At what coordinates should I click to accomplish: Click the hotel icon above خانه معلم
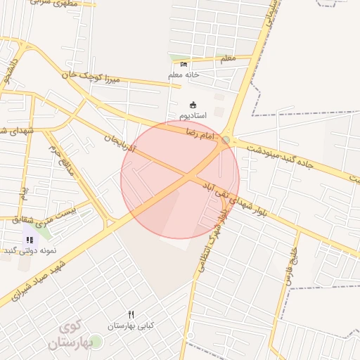pos(184,65)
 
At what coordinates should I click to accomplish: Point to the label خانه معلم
pos(184,75)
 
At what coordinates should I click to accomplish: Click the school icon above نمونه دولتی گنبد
pos(30,240)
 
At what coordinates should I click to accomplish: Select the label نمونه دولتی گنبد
pos(30,250)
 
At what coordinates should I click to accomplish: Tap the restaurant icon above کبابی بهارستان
pos(131,314)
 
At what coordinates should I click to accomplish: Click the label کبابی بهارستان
pos(131,326)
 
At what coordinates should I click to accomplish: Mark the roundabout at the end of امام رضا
pos(226,141)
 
